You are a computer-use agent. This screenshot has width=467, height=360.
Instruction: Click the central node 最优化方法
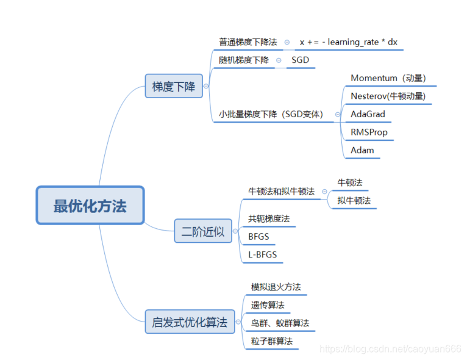pyautogui.click(x=90, y=206)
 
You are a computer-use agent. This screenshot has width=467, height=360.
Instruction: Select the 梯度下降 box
pyautogui.click(x=174, y=87)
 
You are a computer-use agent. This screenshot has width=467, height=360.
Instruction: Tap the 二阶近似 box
pyautogui.click(x=203, y=231)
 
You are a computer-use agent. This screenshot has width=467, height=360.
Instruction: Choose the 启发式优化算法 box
pyautogui.click(x=190, y=322)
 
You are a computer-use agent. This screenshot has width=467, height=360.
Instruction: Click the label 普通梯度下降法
pyautogui.click(x=248, y=42)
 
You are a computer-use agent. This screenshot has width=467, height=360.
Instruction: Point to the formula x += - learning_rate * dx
pyautogui.click(x=348, y=42)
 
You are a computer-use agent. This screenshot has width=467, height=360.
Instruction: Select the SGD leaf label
pyautogui.click(x=300, y=60)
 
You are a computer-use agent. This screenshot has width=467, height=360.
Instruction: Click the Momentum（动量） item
pyautogui.click(x=388, y=78)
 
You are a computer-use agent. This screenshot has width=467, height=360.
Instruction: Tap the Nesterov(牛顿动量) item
pyautogui.click(x=388, y=96)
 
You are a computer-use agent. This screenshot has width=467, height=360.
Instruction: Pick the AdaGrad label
pyautogui.click(x=368, y=114)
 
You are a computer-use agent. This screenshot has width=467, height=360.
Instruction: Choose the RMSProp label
pyautogui.click(x=369, y=132)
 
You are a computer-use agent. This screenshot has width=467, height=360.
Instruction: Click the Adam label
pyautogui.click(x=363, y=150)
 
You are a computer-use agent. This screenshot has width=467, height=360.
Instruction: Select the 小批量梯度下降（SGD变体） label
pyautogui.click(x=271, y=114)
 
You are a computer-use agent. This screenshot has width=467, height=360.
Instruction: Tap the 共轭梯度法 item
pyautogui.click(x=269, y=218)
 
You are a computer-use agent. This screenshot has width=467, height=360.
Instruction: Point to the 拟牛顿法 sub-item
pyautogui.click(x=354, y=200)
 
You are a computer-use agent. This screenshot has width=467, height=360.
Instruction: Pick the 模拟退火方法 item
pyautogui.click(x=276, y=287)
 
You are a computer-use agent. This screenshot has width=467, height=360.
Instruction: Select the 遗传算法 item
pyautogui.click(x=268, y=304)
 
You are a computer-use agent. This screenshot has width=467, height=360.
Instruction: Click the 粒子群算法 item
pyautogui.click(x=272, y=340)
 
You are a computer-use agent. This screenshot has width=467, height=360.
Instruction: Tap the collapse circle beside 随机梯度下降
pyautogui.click(x=279, y=60)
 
